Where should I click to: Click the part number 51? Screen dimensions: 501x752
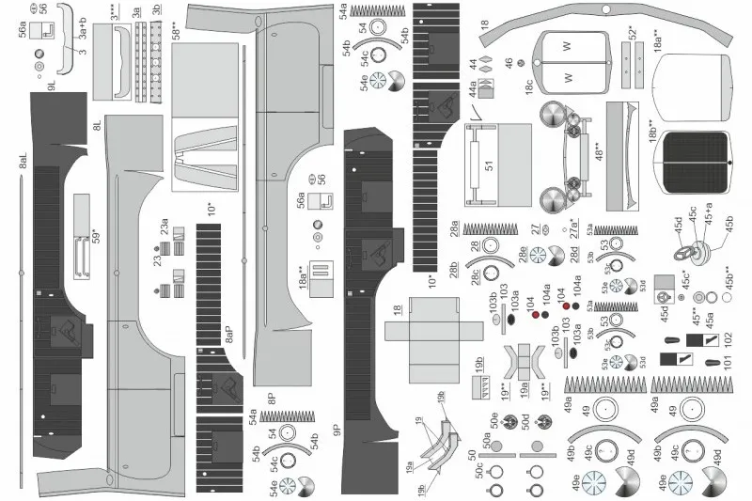coord(489,165)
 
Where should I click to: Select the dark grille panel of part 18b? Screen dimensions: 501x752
coord(697,164)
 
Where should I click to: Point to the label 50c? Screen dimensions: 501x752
coord(479,468)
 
